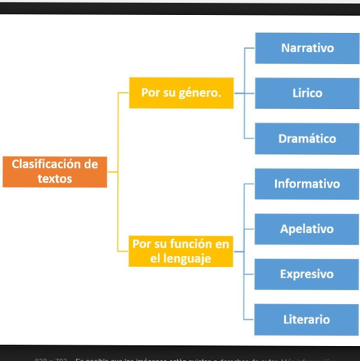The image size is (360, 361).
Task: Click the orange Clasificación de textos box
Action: click(x=55, y=171)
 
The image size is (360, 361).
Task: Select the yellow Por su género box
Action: click(x=180, y=93)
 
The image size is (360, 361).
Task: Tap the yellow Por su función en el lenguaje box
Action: click(x=180, y=251)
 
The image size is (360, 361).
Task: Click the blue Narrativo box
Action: click(x=307, y=48)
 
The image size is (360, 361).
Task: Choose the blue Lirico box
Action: click(x=307, y=93)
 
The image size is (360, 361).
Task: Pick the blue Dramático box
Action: click(x=307, y=138)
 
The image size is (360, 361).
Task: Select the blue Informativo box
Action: click(x=307, y=184)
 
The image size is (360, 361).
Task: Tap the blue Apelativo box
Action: click(x=307, y=229)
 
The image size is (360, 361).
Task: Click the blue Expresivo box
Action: click(x=307, y=275)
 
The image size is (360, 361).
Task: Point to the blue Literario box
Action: click(x=307, y=320)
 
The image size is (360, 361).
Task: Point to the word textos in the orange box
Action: click(x=55, y=180)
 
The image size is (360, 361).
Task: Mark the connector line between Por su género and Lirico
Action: click(x=244, y=93)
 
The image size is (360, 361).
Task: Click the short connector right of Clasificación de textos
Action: click(x=113, y=171)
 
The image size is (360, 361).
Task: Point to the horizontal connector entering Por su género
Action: click(x=123, y=93)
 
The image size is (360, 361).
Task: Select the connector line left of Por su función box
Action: click(x=123, y=251)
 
